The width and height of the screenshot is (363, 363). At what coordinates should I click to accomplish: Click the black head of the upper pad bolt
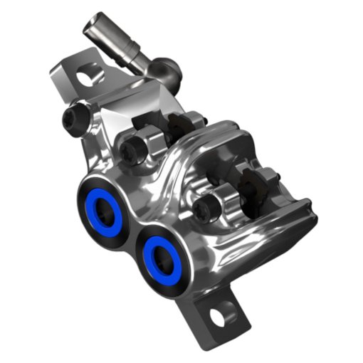point(132,147)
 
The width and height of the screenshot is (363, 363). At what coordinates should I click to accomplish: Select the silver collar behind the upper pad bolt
point(149,137)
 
